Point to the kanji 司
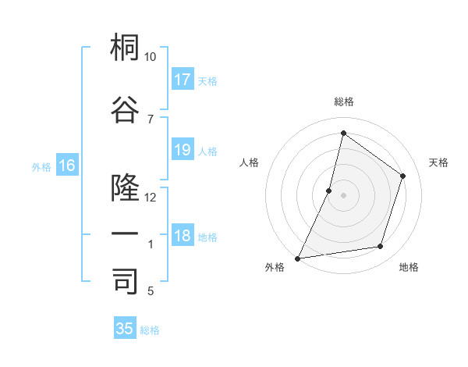point(125,282)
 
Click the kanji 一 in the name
point(125,234)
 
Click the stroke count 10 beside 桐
point(151,57)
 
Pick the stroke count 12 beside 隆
point(151,198)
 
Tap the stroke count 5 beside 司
point(151,291)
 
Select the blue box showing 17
point(183,80)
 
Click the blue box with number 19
point(183,150)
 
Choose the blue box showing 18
point(183,236)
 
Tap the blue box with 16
point(67,166)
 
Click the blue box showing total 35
point(125,329)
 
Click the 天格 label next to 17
point(207,80)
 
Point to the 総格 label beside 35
point(150,330)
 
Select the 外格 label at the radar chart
point(275,267)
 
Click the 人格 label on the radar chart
point(250,162)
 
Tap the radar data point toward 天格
point(403,176)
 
